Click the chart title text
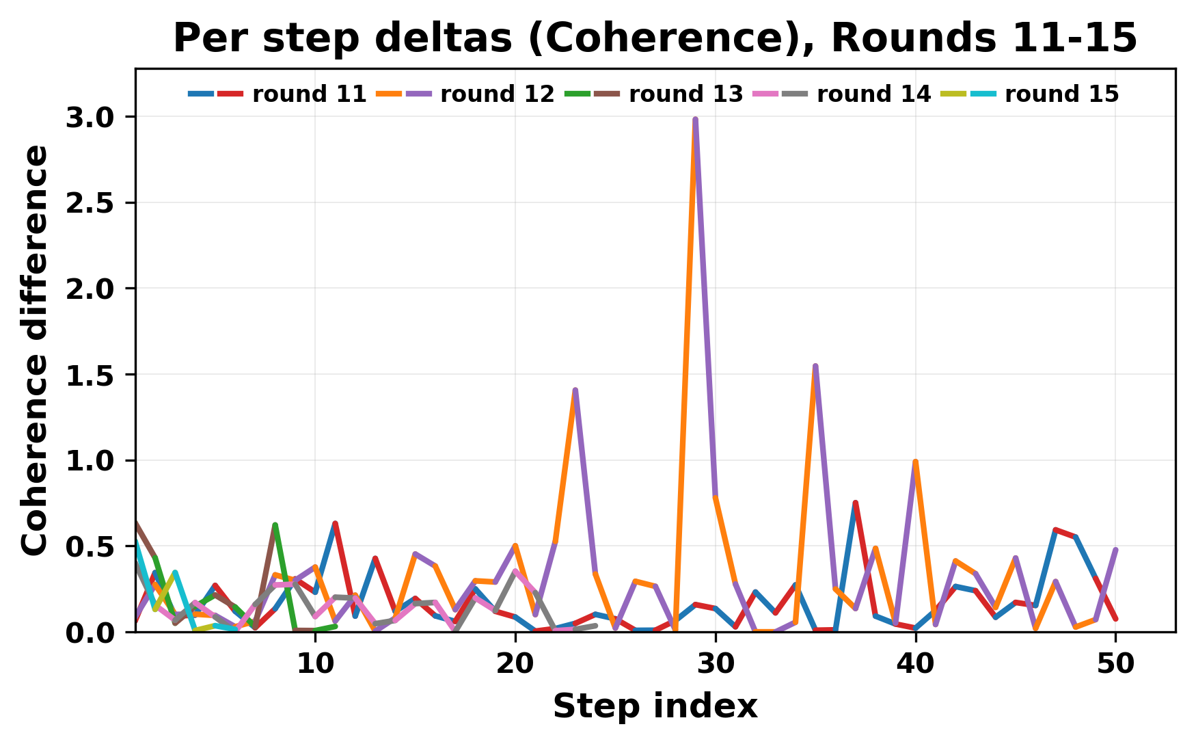(x=655, y=38)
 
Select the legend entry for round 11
(x=310, y=94)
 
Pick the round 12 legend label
(x=498, y=94)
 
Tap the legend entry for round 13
(x=685, y=94)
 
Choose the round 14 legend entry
(x=873, y=94)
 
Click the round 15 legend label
(x=1061, y=94)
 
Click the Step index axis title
(x=655, y=706)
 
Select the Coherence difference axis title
(x=36, y=349)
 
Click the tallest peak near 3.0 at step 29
(x=695, y=120)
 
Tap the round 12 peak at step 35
(x=815, y=367)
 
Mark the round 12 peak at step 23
(x=575, y=390)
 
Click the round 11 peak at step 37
(x=855, y=503)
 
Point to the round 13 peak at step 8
(x=275, y=525)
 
